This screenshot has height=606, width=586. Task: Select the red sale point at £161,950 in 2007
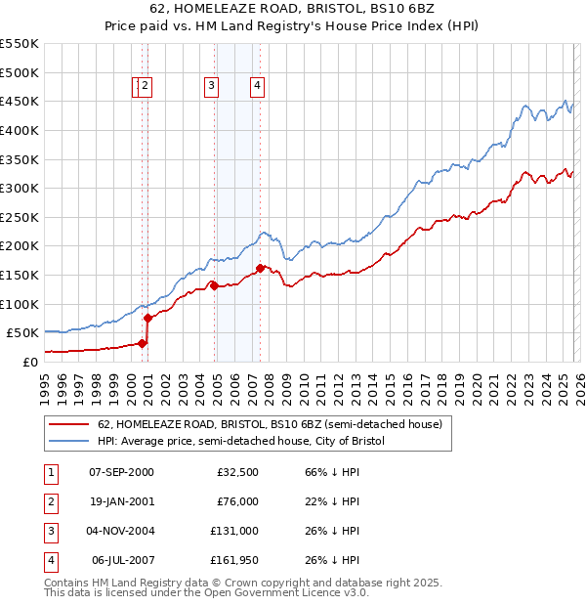click(x=260, y=268)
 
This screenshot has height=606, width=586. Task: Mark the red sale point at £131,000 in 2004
click(x=214, y=285)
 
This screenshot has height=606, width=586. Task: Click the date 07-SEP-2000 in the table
click(x=121, y=472)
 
